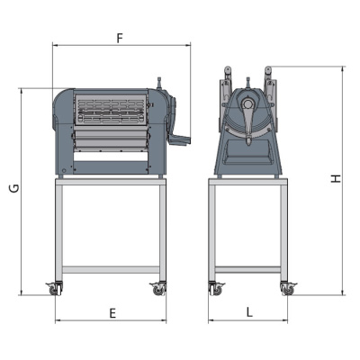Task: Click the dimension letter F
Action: coord(121,38)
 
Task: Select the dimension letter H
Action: coord(335,180)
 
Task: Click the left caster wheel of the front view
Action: coord(55,289)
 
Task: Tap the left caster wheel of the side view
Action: coord(216,289)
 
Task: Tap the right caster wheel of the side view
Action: coord(287,289)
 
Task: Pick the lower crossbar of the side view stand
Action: coord(249,268)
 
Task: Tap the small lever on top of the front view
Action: coord(163,83)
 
